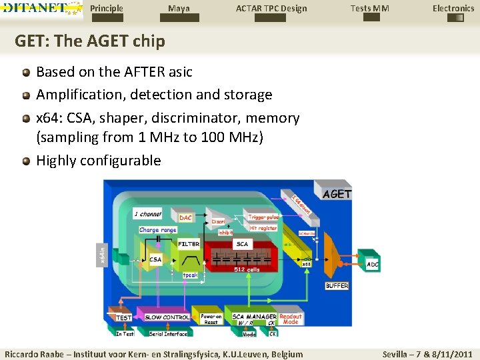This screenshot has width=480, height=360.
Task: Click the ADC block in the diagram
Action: coord(373,264)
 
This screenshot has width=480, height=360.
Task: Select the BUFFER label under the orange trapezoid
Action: coord(337,285)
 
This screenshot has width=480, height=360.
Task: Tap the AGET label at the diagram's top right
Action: coord(337,194)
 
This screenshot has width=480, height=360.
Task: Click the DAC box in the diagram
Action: coord(186,217)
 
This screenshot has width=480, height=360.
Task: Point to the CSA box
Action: coord(155,259)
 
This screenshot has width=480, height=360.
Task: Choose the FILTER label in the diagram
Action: coord(189,244)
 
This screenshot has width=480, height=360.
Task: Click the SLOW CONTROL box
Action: coord(167,317)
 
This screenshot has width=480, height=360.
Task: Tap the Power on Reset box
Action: coord(211,319)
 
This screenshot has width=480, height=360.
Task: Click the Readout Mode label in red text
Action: coord(290,319)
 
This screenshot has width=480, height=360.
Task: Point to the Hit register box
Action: coord(263,227)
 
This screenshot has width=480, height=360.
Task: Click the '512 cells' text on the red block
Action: coord(247,269)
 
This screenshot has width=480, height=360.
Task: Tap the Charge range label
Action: coord(158,230)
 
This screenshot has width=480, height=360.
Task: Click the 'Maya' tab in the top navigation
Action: coord(179,9)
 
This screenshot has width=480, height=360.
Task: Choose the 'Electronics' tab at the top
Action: coord(453,9)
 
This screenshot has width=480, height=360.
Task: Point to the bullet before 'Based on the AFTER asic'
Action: coord(25,72)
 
